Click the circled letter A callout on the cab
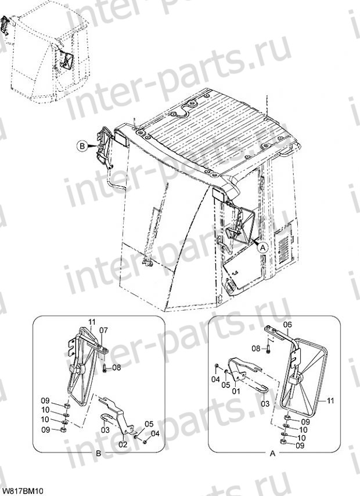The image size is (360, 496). point(262,247)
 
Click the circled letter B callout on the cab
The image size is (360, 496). point(82,146)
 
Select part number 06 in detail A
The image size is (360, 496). point(287,325)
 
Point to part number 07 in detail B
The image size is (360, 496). point(103,330)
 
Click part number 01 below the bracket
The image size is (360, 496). point(236,391)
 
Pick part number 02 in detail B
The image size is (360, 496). point(123,444)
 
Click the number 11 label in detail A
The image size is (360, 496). point(330,401)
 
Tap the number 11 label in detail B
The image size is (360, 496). point(92,322)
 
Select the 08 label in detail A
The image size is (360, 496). point(256,348)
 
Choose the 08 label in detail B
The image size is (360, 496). point(116,368)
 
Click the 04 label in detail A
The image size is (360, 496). point(215,379)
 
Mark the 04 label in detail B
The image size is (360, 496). point(155,434)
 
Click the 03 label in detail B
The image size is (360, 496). point(105,430)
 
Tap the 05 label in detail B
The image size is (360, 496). point(149,423)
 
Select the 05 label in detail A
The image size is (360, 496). point(225,384)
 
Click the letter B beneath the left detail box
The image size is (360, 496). point(98,454)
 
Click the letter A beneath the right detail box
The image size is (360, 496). point(273,454)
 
